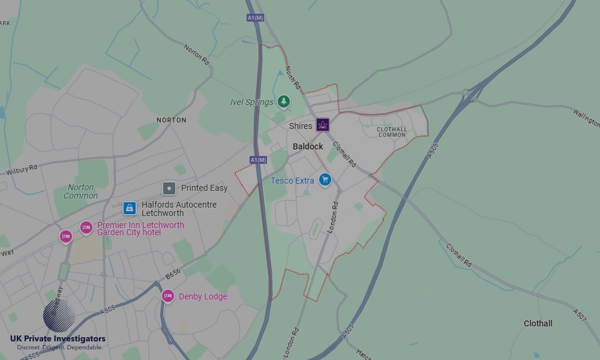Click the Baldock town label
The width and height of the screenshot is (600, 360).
coord(308,146)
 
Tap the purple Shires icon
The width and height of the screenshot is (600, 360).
coord(323,125)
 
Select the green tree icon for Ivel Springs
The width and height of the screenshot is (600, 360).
coord(284,101)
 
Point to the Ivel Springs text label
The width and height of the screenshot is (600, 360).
coord(251,102)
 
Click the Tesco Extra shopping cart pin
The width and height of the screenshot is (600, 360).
coord(325,179)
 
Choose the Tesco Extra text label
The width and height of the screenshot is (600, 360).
coord(292,181)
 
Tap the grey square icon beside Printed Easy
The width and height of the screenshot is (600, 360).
coord(169,188)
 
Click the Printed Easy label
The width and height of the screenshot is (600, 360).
coord(204,188)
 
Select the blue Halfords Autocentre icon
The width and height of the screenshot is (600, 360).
coord(129,208)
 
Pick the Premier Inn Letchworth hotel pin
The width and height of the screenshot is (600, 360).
coord(86,227)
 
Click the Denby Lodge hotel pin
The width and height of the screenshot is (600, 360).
coord(168,296)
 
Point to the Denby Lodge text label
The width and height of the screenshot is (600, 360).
coord(203,296)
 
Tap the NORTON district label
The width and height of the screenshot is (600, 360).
coord(172,120)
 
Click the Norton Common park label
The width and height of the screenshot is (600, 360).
coord(80,191)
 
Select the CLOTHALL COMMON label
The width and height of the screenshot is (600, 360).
coord(392,132)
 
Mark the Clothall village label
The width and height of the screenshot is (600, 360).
coord(538,323)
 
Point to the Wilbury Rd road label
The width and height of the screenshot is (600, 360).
coord(22,170)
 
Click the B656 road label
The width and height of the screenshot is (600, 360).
coord(173,274)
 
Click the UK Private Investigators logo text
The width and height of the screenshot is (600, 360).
coord(58,339)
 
